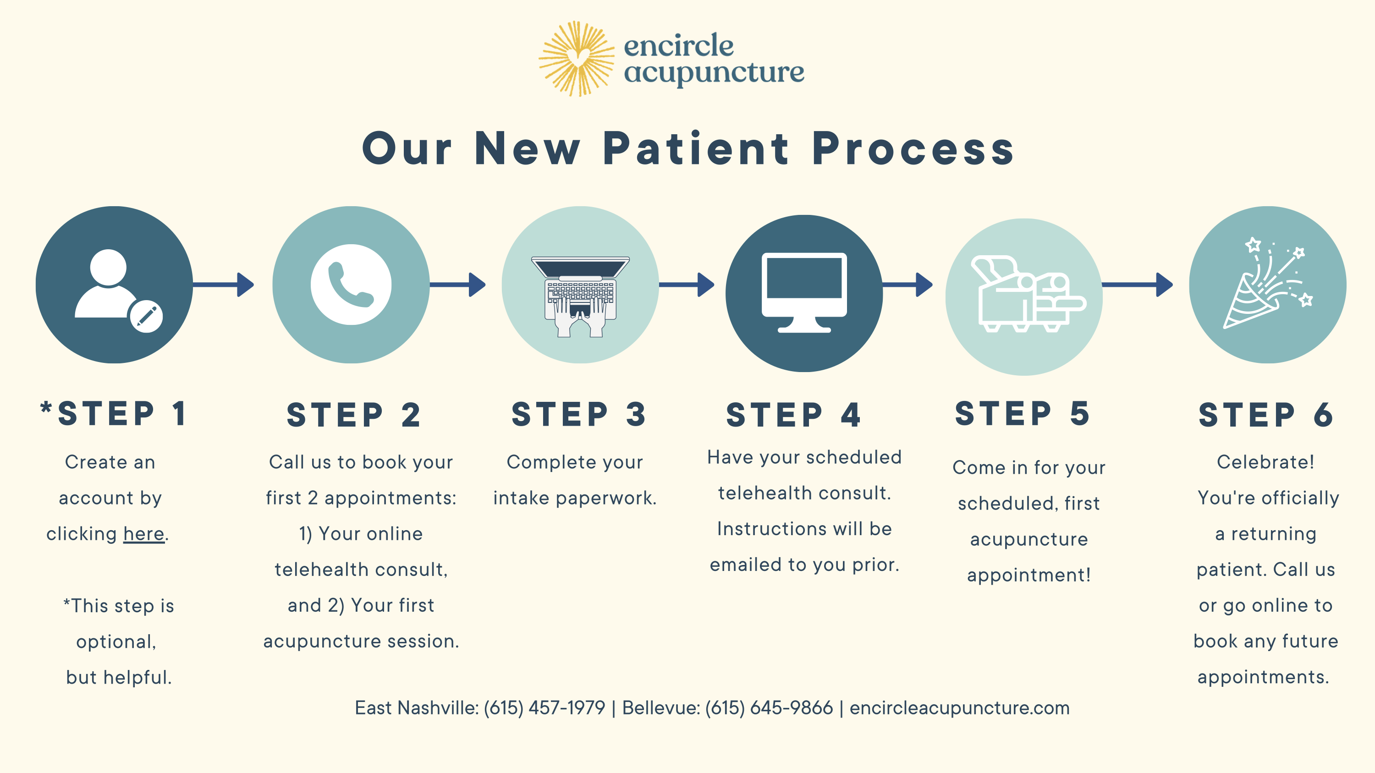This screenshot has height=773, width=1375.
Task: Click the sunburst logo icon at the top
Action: coord(576,59)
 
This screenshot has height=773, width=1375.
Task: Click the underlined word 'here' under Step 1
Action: coord(143,533)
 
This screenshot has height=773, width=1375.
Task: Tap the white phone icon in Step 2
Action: coord(351,285)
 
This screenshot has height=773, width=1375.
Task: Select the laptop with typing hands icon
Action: coord(580,296)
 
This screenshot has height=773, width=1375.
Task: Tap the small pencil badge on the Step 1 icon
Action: coord(146,316)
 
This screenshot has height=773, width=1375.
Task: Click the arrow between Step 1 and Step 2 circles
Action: coord(223,285)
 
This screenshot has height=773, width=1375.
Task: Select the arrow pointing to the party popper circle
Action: coord(1138,285)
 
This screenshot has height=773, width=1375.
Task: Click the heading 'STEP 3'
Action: coord(579,415)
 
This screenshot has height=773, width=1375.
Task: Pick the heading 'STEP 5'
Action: coord(1022,413)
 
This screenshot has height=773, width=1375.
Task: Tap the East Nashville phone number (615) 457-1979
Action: coord(544,708)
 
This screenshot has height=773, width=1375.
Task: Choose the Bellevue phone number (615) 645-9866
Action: coord(769,708)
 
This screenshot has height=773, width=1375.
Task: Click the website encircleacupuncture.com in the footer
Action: coord(960,708)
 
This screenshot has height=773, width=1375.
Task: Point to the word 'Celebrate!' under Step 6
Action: coord(1265,462)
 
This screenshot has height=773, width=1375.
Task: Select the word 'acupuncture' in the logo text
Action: coord(714,72)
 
